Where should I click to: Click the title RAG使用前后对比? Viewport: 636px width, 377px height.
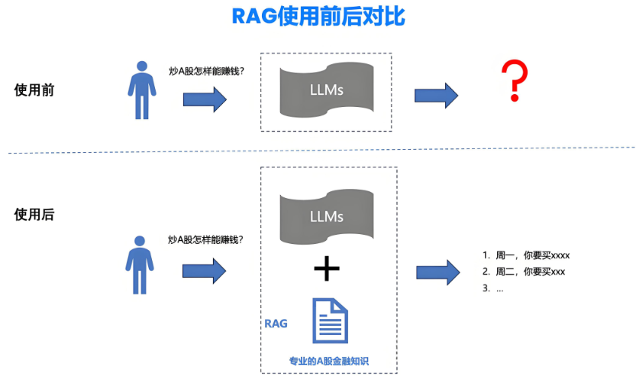pos(318,17)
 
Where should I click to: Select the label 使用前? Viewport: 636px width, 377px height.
pos(34,89)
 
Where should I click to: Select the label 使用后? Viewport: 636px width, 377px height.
pos(34,215)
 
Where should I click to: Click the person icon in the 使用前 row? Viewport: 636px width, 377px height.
pos(141,89)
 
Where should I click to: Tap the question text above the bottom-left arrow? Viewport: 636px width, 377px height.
pos(206,239)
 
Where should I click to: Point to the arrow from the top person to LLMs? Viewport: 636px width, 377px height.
pos(205,99)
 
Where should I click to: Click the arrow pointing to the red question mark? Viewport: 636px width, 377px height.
pos(436,96)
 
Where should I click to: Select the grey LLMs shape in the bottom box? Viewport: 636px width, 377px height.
pos(327,216)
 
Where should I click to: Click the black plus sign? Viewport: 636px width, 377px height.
pos(327,268)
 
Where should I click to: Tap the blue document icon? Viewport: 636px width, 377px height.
pos(330,321)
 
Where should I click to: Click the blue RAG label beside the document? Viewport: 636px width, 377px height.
pos(276,323)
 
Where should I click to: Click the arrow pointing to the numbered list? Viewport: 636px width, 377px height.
pos(437,271)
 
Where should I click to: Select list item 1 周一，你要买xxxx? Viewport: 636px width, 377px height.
pos(527,255)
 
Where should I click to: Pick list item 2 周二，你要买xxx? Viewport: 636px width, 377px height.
pos(525,271)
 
